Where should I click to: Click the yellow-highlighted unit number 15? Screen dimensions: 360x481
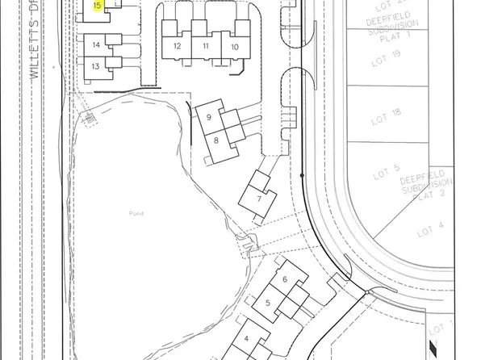click(x=97, y=6)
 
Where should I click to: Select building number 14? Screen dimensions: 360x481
click(x=96, y=45)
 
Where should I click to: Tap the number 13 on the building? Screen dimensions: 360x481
click(x=95, y=66)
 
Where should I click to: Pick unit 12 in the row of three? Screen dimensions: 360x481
click(x=177, y=46)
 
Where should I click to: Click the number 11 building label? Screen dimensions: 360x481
click(x=206, y=46)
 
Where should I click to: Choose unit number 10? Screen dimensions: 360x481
click(x=235, y=47)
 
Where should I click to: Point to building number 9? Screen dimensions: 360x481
click(x=209, y=118)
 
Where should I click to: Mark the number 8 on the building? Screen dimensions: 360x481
click(x=216, y=140)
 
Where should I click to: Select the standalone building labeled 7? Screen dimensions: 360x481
click(x=258, y=199)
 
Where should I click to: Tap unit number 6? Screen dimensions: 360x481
click(x=285, y=279)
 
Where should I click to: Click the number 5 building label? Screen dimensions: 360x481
click(x=267, y=303)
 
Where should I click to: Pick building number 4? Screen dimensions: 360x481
click(x=246, y=340)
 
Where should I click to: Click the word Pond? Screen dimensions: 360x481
click(x=135, y=213)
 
